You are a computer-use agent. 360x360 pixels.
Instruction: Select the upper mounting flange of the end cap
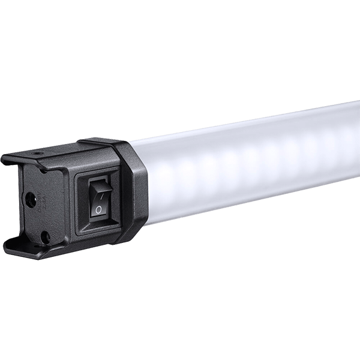[x=36, y=157]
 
